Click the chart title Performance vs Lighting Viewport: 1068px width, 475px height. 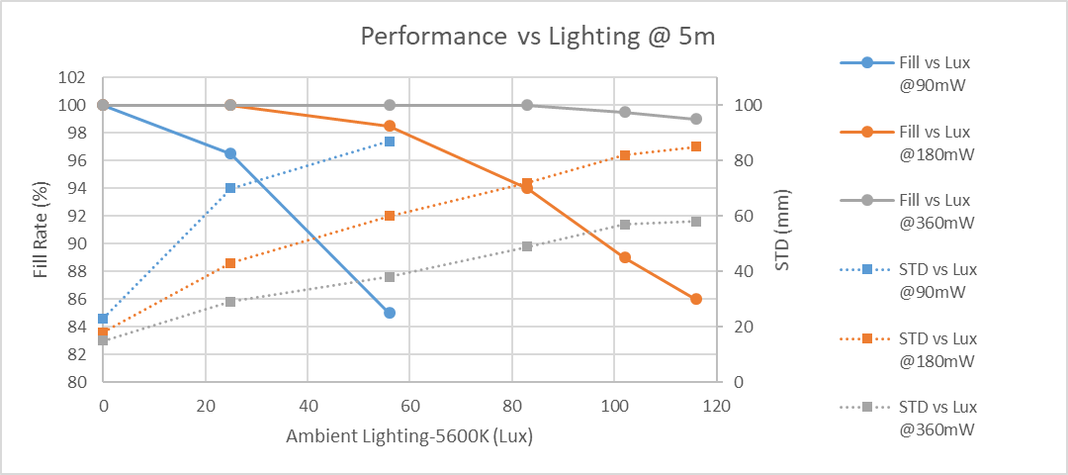(537, 37)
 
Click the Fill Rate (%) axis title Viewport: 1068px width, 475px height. (42, 229)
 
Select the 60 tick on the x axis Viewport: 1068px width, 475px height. (409, 406)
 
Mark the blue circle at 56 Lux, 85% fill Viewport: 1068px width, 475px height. (390, 313)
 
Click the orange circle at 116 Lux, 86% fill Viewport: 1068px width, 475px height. (696, 299)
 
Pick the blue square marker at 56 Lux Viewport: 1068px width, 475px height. (390, 142)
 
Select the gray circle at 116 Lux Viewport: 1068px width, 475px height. (696, 119)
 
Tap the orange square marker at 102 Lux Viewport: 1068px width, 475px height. (625, 155)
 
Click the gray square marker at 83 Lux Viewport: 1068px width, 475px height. (527, 246)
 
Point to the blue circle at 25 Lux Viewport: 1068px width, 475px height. (230, 153)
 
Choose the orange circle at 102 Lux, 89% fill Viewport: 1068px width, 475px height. (625, 257)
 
